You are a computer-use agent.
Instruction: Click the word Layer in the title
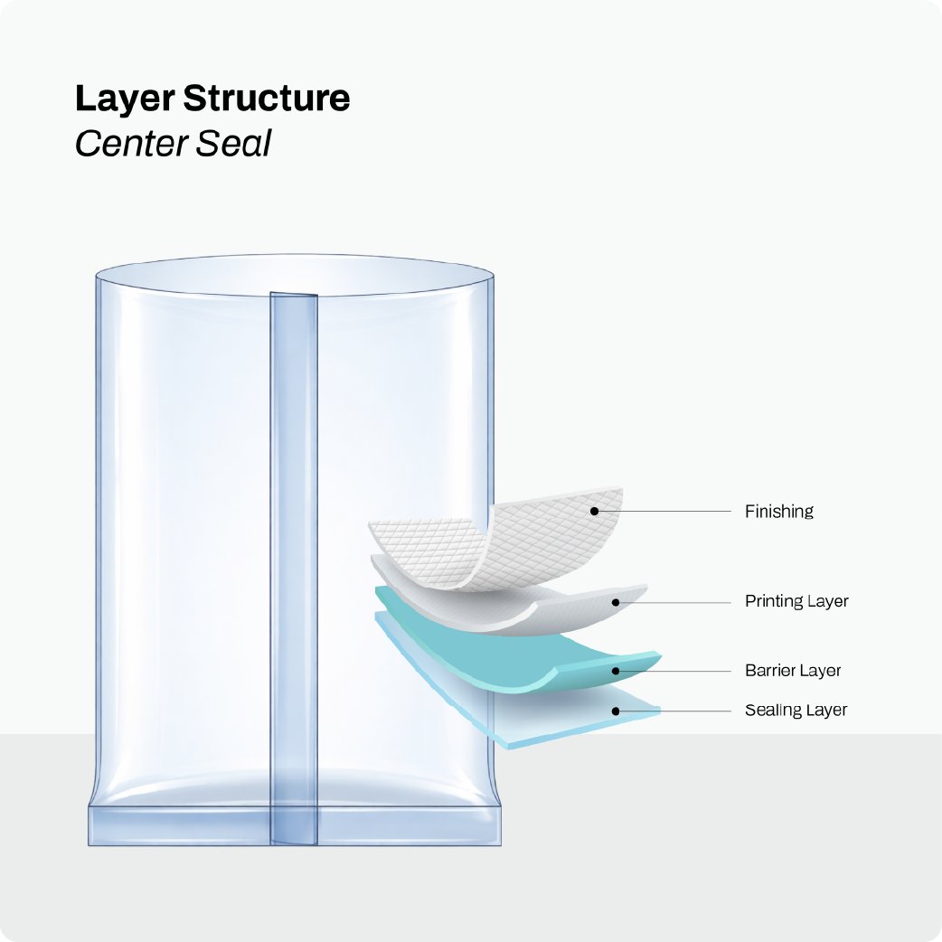pos(125,99)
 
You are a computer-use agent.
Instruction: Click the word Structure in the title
pos(266,98)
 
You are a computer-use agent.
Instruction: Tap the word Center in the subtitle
pos(131,144)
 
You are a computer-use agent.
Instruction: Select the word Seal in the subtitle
pos(234,144)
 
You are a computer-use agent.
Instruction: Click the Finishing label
pos(778,512)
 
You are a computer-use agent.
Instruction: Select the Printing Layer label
pos(796,601)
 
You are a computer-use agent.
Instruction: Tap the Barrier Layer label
pos(793,670)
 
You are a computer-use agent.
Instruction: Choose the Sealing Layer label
pos(796,710)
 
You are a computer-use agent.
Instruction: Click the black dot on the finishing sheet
pos(594,512)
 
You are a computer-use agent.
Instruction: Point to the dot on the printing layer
pos(615,602)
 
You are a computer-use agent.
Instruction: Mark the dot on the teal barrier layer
pos(615,671)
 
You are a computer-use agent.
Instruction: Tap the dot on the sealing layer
pos(615,711)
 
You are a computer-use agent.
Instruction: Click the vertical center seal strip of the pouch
pos(294,569)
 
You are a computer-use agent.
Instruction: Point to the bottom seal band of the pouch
pos(295,825)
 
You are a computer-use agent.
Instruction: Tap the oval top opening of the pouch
pos(295,276)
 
